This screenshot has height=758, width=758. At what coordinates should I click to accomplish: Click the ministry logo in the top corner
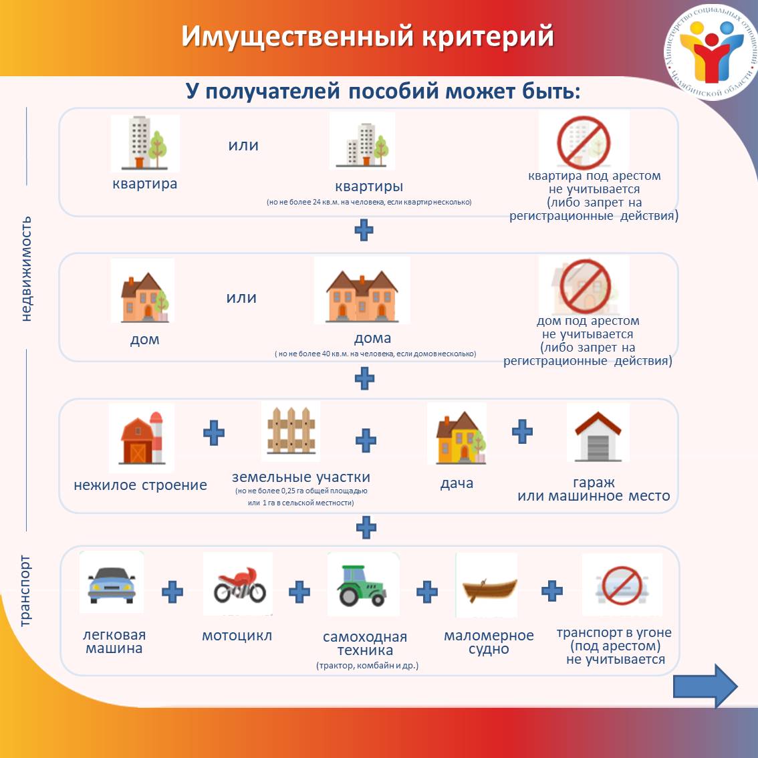click(711, 51)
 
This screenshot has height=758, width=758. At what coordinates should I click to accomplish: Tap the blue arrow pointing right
click(705, 686)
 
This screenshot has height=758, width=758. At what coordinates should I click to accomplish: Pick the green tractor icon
click(362, 585)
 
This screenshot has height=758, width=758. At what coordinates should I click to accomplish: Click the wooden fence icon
click(291, 430)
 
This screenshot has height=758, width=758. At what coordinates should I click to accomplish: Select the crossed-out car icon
click(622, 585)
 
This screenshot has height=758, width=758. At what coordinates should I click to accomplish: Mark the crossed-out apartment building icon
click(584, 142)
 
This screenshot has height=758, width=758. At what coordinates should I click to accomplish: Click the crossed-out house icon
click(585, 286)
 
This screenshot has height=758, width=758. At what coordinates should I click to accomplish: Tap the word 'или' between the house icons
click(241, 297)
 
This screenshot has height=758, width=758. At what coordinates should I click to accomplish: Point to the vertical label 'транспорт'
click(25, 591)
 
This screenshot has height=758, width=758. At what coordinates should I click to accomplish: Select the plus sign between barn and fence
click(214, 432)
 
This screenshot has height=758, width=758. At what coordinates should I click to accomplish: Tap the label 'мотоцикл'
click(237, 635)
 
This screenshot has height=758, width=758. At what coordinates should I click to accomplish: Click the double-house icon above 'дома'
click(362, 296)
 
